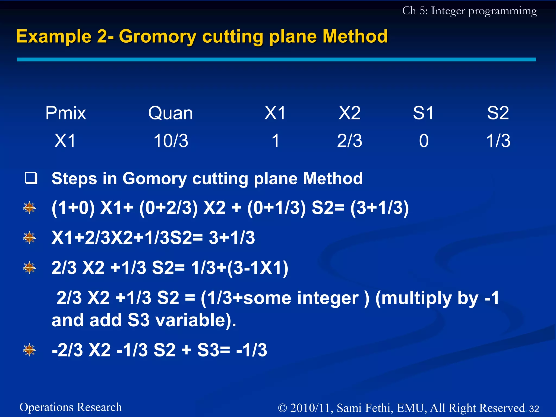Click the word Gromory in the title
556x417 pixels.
157,37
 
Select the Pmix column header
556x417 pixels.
65,113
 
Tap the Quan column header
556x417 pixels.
170,113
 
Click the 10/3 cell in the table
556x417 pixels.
171,141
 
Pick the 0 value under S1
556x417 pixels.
424,141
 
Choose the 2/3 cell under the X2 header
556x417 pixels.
350,141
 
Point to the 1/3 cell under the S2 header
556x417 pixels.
498,141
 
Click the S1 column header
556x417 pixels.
424,113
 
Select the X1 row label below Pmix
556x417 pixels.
65,141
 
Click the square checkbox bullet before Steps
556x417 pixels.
31,178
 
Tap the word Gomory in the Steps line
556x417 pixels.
154,179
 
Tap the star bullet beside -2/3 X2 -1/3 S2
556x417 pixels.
30,350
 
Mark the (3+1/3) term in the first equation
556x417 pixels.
379,208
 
